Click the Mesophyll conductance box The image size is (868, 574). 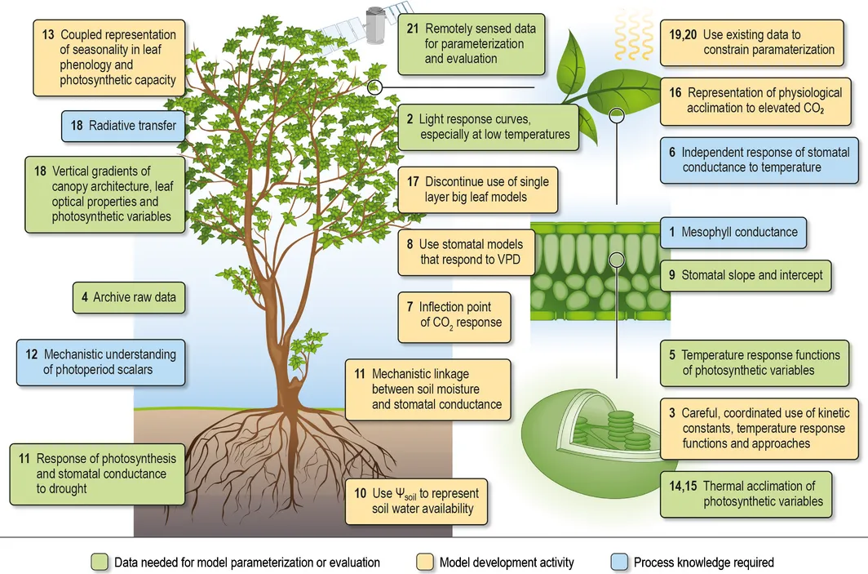pos(733,232)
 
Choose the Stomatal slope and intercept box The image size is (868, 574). pos(746,275)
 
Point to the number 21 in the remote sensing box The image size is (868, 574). pos(414,29)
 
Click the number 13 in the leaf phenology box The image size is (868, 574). pos(48,35)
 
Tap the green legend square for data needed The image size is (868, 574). pos(100,562)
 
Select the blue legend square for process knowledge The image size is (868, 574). pos(618,562)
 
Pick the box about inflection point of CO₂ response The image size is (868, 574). pos(454,315)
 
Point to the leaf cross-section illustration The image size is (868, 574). pos(600,269)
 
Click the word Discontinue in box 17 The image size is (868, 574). pos(453,180)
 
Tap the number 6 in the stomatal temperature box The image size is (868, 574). pos(671,152)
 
